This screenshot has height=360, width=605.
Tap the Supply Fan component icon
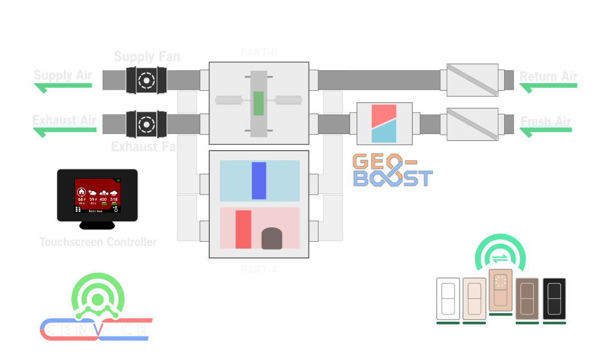(147, 80)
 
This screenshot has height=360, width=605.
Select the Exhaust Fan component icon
(147, 123)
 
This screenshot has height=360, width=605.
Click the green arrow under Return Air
(548, 87)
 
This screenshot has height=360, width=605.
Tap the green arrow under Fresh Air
(546, 131)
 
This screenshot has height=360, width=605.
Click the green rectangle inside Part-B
(258, 103)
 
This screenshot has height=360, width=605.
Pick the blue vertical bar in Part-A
(259, 180)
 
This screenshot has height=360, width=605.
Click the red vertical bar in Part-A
(243, 229)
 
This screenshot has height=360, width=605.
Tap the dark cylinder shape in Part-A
(272, 238)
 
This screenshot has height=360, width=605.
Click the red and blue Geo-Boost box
(384, 123)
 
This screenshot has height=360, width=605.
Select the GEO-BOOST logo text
(392, 170)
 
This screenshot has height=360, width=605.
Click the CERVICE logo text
(96, 330)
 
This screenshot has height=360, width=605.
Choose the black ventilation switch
(554, 298)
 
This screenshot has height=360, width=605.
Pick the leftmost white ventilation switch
(448, 298)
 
